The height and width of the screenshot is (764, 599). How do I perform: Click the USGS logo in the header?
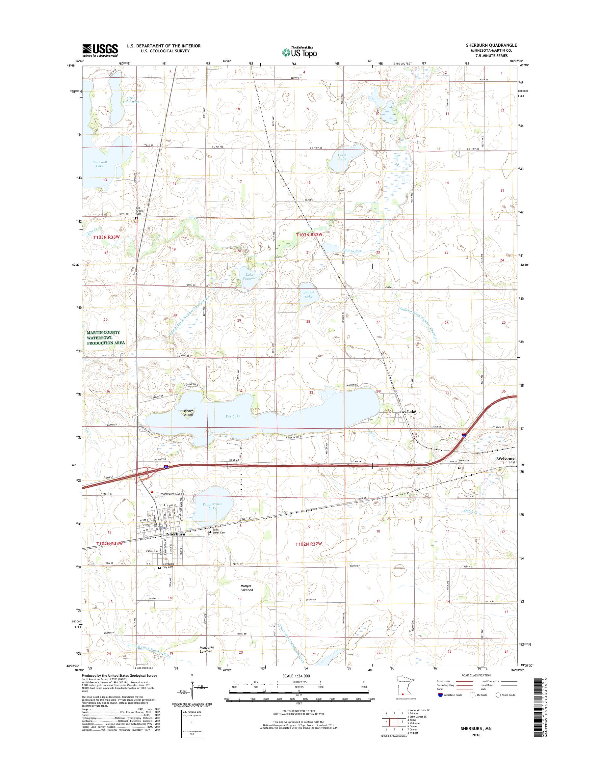point(100,50)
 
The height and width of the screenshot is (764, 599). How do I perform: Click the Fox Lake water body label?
point(233,416)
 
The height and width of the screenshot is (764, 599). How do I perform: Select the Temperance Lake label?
point(212,506)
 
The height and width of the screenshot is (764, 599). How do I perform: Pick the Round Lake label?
point(308,295)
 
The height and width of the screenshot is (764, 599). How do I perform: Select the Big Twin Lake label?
point(100,164)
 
